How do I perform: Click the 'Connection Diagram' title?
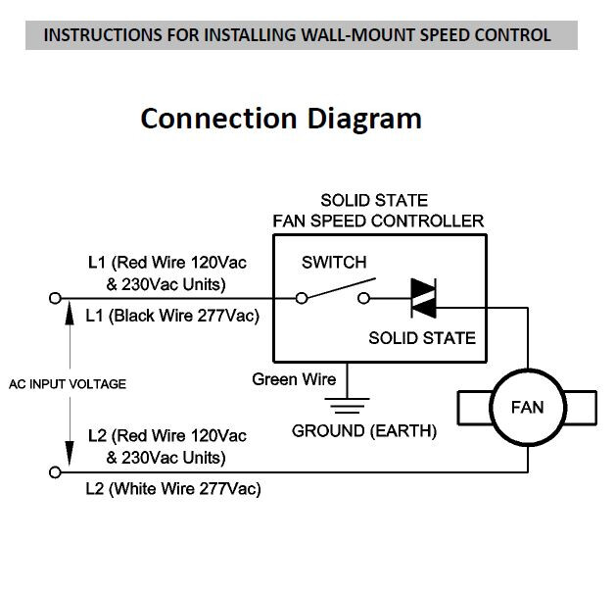coord(281,118)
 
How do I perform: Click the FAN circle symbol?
coord(528,406)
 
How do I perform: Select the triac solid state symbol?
coord(423,298)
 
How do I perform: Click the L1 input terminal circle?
coord(55,297)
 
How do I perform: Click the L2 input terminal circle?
coord(55,472)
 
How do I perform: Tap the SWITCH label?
coord(334,263)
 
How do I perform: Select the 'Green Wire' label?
coord(294,379)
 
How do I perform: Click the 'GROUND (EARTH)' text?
coord(364,430)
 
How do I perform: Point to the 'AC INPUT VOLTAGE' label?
coord(68,384)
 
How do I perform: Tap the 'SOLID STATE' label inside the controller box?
coord(421,338)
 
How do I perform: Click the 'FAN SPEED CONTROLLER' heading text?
coord(378,221)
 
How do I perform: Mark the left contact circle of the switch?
coord(302,298)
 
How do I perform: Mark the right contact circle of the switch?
coord(365,298)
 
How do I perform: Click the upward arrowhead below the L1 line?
coord(68,313)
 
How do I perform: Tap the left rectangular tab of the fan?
coord(470,406)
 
